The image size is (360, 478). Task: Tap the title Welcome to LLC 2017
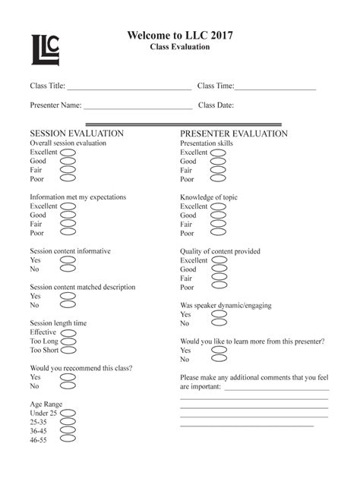[179, 35]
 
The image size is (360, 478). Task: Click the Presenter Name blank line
[137, 107]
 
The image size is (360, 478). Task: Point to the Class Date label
[216, 105]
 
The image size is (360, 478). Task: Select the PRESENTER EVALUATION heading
[234, 134]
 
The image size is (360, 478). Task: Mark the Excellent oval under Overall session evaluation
[68, 152]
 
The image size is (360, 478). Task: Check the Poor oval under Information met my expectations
[68, 234]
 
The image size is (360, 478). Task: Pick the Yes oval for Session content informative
[68, 260]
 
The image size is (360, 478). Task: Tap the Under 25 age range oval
[68, 413]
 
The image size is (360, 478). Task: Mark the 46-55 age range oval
[68, 440]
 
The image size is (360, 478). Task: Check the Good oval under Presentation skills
[218, 162]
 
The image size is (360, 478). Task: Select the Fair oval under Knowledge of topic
[218, 225]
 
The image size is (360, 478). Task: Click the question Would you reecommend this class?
[81, 368]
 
